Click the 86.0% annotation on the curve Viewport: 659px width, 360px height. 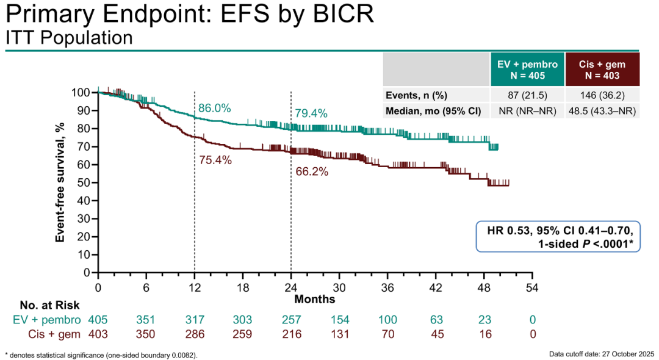click(x=214, y=108)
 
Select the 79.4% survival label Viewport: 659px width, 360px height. click(x=311, y=113)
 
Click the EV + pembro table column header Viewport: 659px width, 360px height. click(x=527, y=70)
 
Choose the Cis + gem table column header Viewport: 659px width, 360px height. click(x=602, y=70)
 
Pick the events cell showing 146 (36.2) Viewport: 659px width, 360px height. click(x=602, y=95)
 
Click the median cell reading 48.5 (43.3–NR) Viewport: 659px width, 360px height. click(x=602, y=111)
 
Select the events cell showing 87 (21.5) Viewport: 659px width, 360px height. click(x=527, y=95)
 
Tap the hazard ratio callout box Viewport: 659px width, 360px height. click(x=558, y=237)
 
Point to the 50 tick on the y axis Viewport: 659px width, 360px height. click(x=84, y=182)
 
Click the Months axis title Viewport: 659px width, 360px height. click(x=315, y=299)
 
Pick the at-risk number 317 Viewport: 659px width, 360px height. click(x=195, y=320)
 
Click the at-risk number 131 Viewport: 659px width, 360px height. click(x=339, y=334)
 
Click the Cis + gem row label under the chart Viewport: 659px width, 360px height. click(x=54, y=334)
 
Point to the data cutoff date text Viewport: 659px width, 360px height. click(x=601, y=353)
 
